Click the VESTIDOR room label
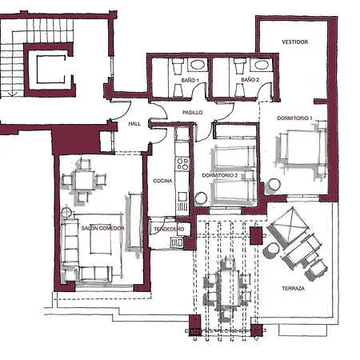pos(295,42)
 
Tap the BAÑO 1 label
pos(190,80)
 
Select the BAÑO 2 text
pos(250,80)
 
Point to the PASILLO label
pos(193,113)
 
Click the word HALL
pos(134,124)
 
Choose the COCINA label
pos(162,181)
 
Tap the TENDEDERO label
pos(169,229)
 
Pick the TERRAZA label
pos(293,288)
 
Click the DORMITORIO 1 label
pos(294,118)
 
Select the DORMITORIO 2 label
pos(220,175)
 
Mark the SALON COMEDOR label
pos(103,228)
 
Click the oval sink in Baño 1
pos(198,65)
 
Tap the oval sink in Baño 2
pos(262,65)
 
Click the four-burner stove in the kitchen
pos(182,164)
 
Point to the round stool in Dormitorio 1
pos(274,184)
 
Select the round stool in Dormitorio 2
pos(201,198)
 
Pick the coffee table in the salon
pos(101,239)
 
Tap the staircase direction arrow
pos(13,94)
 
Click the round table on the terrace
pos(271,250)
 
